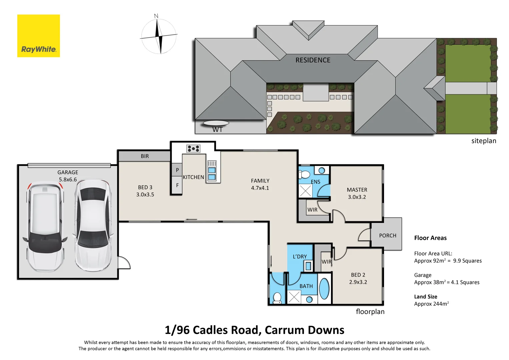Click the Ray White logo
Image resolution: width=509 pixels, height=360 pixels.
39,36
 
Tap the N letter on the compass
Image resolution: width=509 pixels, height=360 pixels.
156,16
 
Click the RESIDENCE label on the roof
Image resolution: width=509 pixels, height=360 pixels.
313,60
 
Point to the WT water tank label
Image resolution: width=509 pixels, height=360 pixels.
217,130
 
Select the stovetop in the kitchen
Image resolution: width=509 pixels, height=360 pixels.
193,149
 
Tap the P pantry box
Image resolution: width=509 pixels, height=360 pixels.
177,170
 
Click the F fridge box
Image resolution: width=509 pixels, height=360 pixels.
177,185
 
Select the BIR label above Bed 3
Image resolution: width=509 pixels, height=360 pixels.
145,156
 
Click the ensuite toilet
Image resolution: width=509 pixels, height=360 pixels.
304,174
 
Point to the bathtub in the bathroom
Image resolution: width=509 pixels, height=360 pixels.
324,289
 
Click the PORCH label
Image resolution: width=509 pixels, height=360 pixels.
388,236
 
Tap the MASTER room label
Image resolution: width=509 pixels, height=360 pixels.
357,190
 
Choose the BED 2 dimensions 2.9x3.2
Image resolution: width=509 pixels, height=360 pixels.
358,282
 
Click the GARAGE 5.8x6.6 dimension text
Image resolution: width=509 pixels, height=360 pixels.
68,180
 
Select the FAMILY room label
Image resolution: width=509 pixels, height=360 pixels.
260,181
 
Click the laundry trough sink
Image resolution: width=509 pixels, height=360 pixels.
308,266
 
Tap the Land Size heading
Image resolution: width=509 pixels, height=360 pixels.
425,297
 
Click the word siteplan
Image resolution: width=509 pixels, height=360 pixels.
483,141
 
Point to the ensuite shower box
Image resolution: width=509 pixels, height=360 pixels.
305,191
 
